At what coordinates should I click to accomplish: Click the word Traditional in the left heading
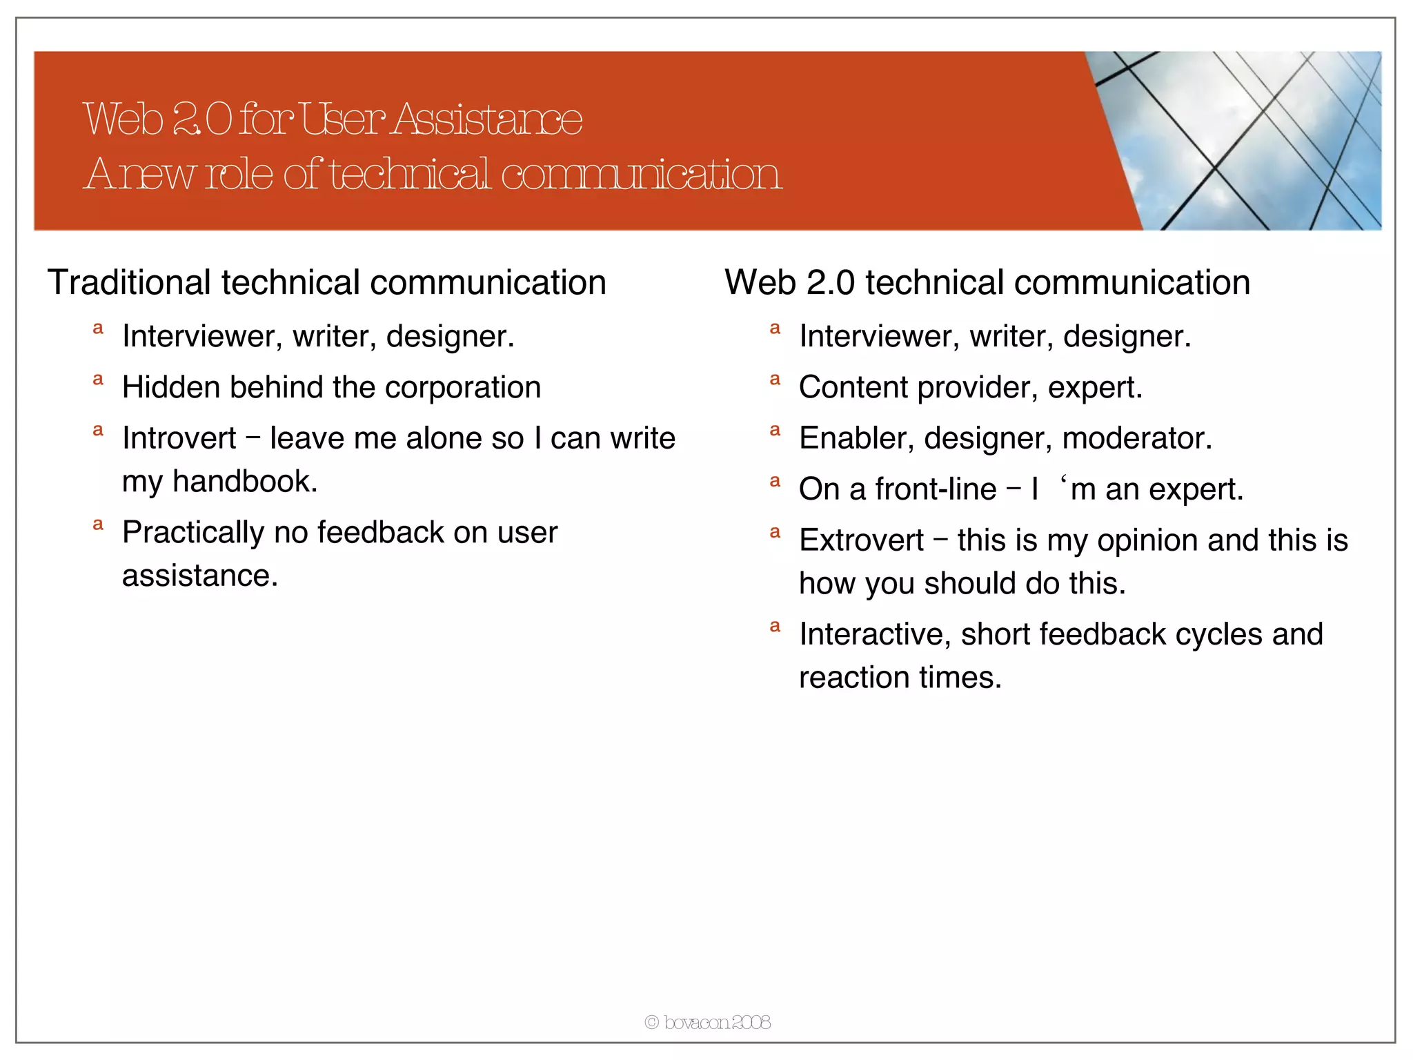[x=128, y=283]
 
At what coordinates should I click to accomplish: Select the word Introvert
[x=179, y=438]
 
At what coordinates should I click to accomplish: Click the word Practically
[x=193, y=533]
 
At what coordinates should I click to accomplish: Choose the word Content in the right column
[x=853, y=387]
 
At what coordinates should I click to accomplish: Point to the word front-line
[x=936, y=489]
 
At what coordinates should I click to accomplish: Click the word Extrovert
[x=861, y=540]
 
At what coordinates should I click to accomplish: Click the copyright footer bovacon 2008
[x=708, y=1022]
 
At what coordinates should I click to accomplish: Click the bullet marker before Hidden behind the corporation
[x=98, y=380]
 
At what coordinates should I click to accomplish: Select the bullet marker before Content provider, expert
[x=775, y=380]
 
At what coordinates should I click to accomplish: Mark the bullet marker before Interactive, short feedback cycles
[x=775, y=627]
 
